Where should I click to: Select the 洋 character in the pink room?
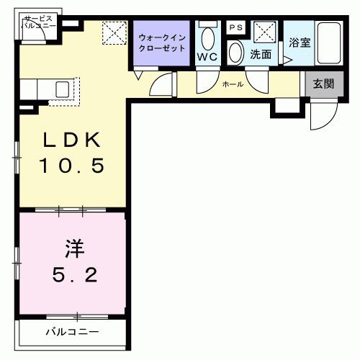click(73, 249)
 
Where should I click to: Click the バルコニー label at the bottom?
click(73, 332)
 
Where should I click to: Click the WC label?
click(207, 56)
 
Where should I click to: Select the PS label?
click(235, 27)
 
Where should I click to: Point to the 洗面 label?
click(260, 54)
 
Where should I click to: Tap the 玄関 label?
click(323, 84)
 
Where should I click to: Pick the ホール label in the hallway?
click(233, 84)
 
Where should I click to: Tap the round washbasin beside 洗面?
click(236, 53)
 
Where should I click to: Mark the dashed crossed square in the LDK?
click(113, 33)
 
